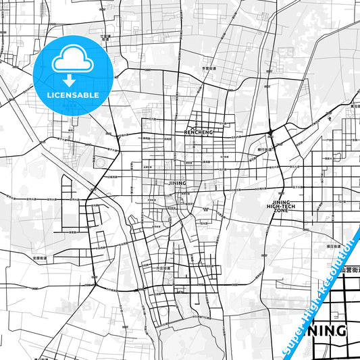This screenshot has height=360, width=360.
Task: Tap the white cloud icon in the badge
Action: [x=70, y=61]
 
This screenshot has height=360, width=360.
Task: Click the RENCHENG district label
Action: [x=199, y=132]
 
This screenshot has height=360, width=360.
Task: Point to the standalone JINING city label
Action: [x=176, y=183]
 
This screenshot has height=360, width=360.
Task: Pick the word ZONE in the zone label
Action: [x=282, y=211]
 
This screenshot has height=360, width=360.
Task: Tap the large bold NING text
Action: [x=329, y=332]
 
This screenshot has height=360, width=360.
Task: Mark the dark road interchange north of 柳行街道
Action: [x=269, y=131]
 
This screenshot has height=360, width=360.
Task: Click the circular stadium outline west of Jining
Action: [x=102, y=162]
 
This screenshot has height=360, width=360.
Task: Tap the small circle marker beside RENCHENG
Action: [x=193, y=127]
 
